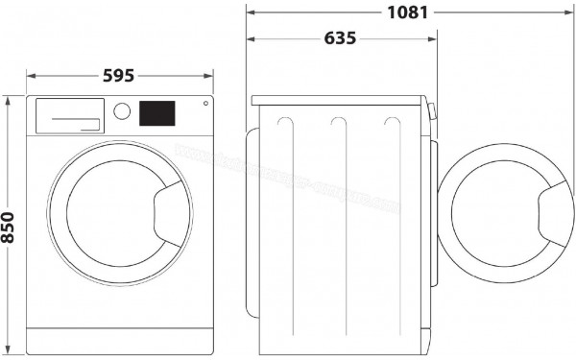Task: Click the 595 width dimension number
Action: [x=117, y=74]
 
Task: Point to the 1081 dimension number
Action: [x=408, y=12]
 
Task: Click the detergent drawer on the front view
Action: [x=70, y=116]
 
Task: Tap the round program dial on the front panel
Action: [x=122, y=111]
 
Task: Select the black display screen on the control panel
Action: [x=157, y=113]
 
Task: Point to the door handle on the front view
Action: [x=172, y=212]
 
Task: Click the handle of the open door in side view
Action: [x=554, y=212]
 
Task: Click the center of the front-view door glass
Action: [x=113, y=213]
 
